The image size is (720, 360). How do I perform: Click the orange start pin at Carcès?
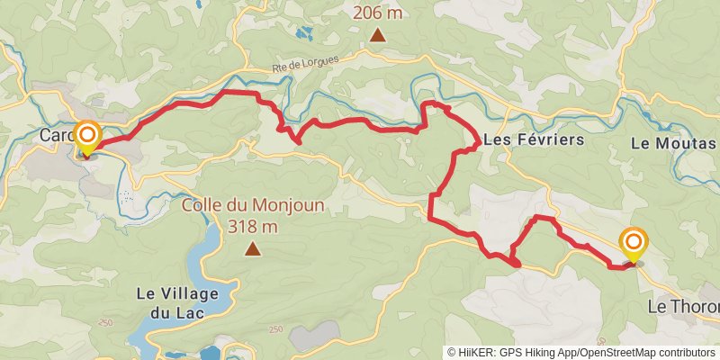(x=88, y=138)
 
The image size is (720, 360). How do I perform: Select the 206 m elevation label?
(x=377, y=14)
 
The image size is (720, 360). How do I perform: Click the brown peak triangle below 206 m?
(x=378, y=37)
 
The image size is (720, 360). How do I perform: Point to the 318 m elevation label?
(x=253, y=226)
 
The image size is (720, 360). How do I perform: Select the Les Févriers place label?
(x=534, y=140)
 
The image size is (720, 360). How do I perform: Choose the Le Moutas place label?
(x=673, y=143)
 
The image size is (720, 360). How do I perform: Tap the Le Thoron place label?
(x=684, y=307)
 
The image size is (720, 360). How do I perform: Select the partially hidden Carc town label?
(x=57, y=136)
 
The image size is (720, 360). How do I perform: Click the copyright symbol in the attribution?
(x=453, y=353)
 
